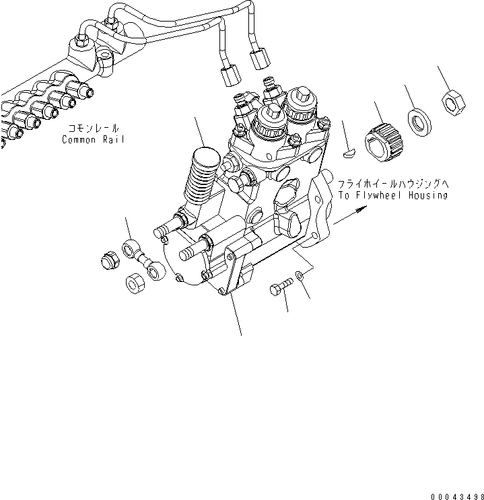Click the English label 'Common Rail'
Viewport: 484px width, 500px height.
[x=93, y=140]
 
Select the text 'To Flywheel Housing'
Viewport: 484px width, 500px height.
[x=393, y=195]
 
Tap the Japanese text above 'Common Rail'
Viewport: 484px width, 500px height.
[x=94, y=128]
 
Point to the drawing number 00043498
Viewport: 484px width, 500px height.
[x=458, y=497]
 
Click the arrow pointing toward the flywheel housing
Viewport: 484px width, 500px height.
[x=350, y=215]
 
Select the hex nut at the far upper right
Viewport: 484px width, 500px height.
[x=453, y=103]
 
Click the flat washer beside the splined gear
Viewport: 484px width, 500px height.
[x=419, y=122]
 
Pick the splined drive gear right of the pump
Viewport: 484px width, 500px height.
[x=384, y=143]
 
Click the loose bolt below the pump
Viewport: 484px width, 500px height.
[x=281, y=287]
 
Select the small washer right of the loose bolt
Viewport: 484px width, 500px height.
[x=300, y=275]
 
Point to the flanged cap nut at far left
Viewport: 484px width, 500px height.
[x=110, y=260]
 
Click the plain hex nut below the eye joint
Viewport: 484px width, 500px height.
[x=135, y=283]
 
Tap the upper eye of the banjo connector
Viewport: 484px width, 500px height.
[x=129, y=248]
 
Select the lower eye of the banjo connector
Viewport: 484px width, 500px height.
[x=156, y=271]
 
